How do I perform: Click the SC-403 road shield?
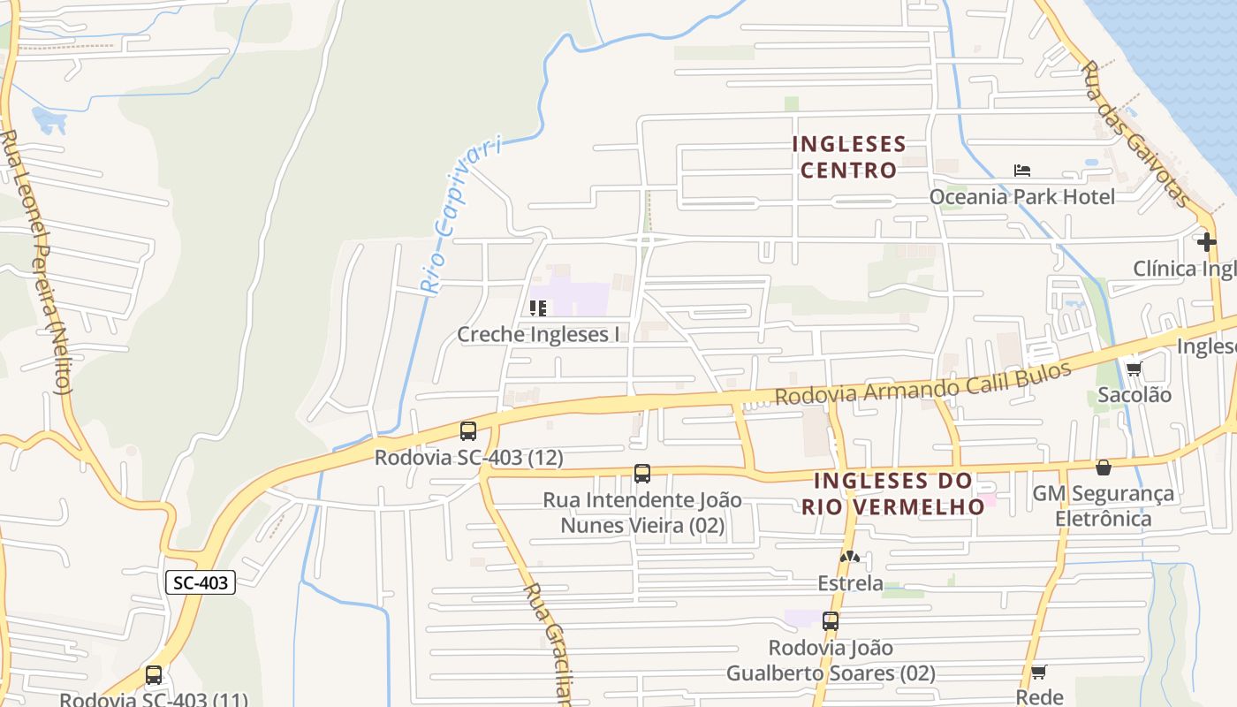pos(201,582)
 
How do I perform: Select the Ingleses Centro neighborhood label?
pos(849,156)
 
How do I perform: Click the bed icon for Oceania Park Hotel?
pos(1022,171)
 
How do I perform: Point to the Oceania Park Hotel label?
pos(1021,196)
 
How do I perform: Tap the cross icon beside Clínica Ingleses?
pos(1206,241)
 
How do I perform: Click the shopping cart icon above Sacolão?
pos(1134,369)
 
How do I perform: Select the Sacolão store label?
pos(1135,395)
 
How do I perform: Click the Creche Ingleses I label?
pos(538,334)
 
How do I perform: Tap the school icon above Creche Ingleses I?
pos(537,308)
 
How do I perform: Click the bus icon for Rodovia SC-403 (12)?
pos(468,431)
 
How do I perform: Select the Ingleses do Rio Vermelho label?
pos(893,493)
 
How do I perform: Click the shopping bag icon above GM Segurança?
pos(1104,467)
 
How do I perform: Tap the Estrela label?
pos(850,583)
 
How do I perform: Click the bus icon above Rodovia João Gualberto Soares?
pos(831,621)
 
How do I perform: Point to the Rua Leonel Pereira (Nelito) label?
pos(35,262)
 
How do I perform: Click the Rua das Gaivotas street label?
pos(1136,133)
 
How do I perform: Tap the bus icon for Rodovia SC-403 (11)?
pos(154,676)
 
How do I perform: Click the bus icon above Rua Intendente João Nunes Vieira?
pos(642,474)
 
